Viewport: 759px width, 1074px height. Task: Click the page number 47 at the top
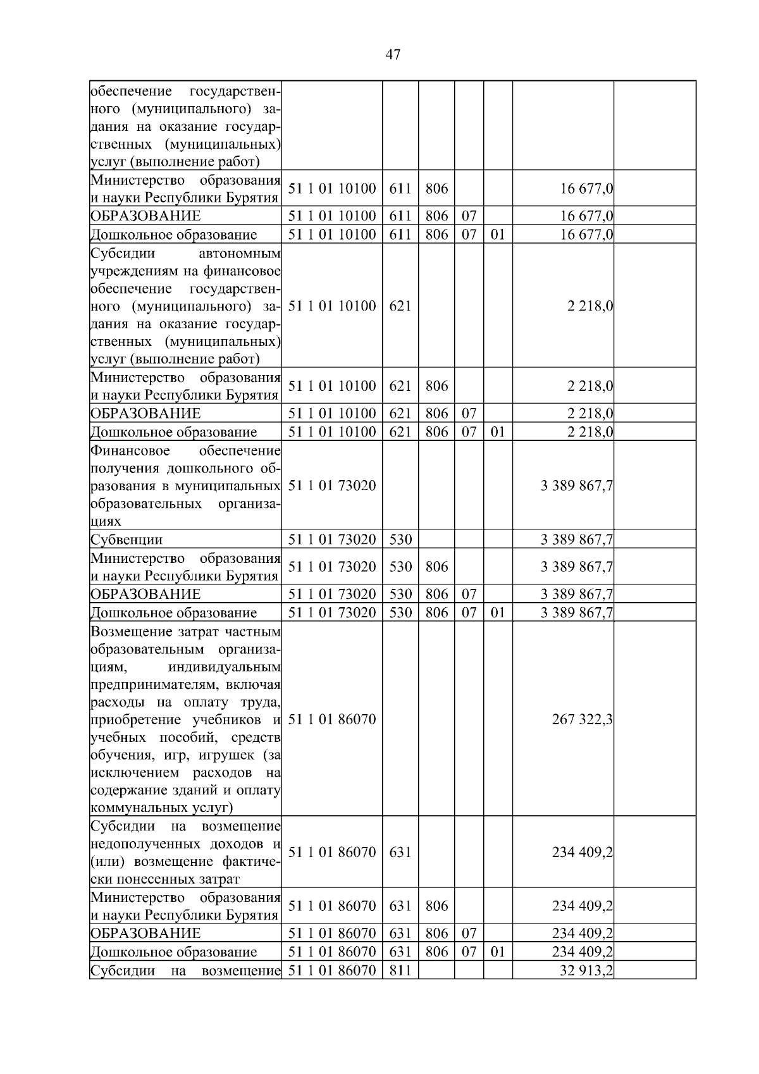click(392, 55)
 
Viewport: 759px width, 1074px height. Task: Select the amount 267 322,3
click(582, 719)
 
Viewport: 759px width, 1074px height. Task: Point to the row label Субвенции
click(126, 540)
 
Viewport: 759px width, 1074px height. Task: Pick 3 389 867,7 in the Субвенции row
click(576, 540)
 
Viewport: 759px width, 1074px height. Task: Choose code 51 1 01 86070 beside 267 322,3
click(332, 719)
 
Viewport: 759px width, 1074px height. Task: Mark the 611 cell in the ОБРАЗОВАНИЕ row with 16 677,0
click(400, 216)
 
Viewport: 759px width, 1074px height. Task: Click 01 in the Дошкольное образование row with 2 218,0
click(498, 432)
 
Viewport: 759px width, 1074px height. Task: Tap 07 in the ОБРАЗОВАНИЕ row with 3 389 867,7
click(469, 594)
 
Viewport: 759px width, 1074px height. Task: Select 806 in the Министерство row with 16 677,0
click(436, 188)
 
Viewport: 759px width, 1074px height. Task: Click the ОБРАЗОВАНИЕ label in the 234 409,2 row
click(145, 933)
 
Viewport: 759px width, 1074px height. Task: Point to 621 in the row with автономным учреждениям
click(400, 306)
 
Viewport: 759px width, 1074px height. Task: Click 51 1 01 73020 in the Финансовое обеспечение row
click(332, 486)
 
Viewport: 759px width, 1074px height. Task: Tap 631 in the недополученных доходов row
click(400, 852)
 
